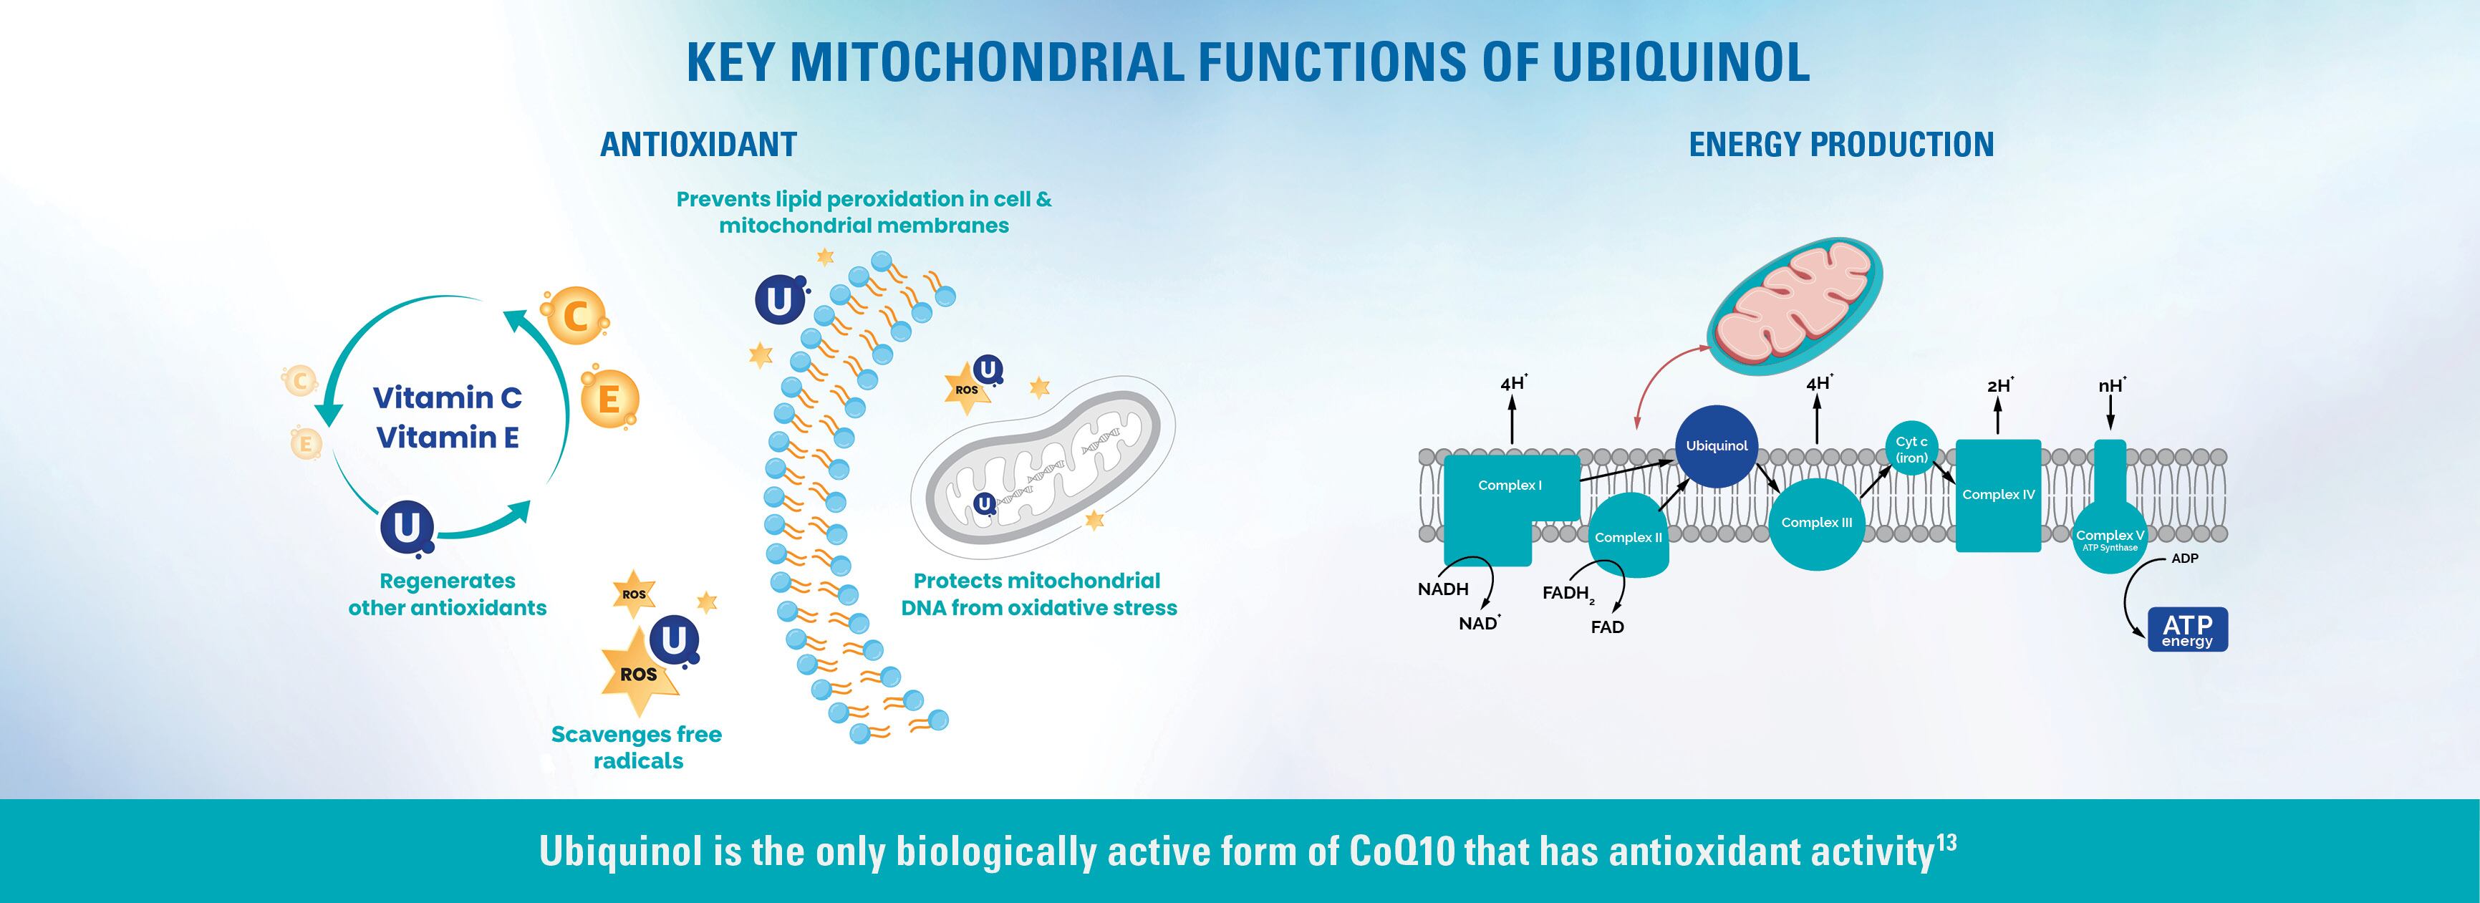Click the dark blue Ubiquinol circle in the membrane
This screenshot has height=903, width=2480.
tap(1717, 445)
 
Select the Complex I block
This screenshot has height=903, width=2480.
tap(1510, 487)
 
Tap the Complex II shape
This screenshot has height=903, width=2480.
tap(1628, 537)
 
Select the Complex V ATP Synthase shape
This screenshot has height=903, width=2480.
tap(2109, 537)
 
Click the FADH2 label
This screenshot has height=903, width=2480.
tap(1566, 593)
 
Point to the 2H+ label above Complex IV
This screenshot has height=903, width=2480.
tap(1999, 386)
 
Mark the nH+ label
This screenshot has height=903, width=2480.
tap(2111, 386)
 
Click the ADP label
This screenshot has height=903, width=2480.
tap(2184, 559)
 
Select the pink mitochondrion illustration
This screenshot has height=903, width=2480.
tap(1793, 306)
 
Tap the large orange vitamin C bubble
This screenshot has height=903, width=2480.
tap(575, 317)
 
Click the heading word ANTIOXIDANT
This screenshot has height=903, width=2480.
tap(698, 145)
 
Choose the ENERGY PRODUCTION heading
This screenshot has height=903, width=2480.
tap(1840, 145)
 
